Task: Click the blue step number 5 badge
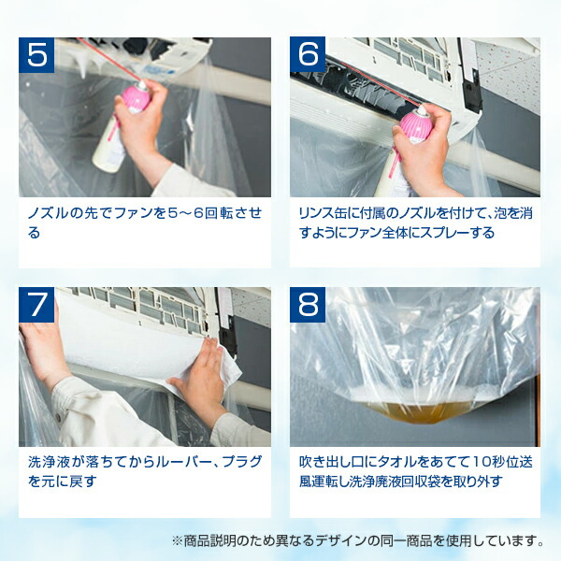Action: point(36,55)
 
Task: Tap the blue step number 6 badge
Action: point(308,55)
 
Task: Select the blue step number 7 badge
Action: point(36,305)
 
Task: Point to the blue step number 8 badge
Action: point(308,305)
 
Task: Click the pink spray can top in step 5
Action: point(137,97)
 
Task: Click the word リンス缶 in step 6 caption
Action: point(323,213)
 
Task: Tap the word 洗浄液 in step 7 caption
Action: point(49,462)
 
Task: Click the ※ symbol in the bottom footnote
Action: point(177,540)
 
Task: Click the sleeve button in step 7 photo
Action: point(59,418)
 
